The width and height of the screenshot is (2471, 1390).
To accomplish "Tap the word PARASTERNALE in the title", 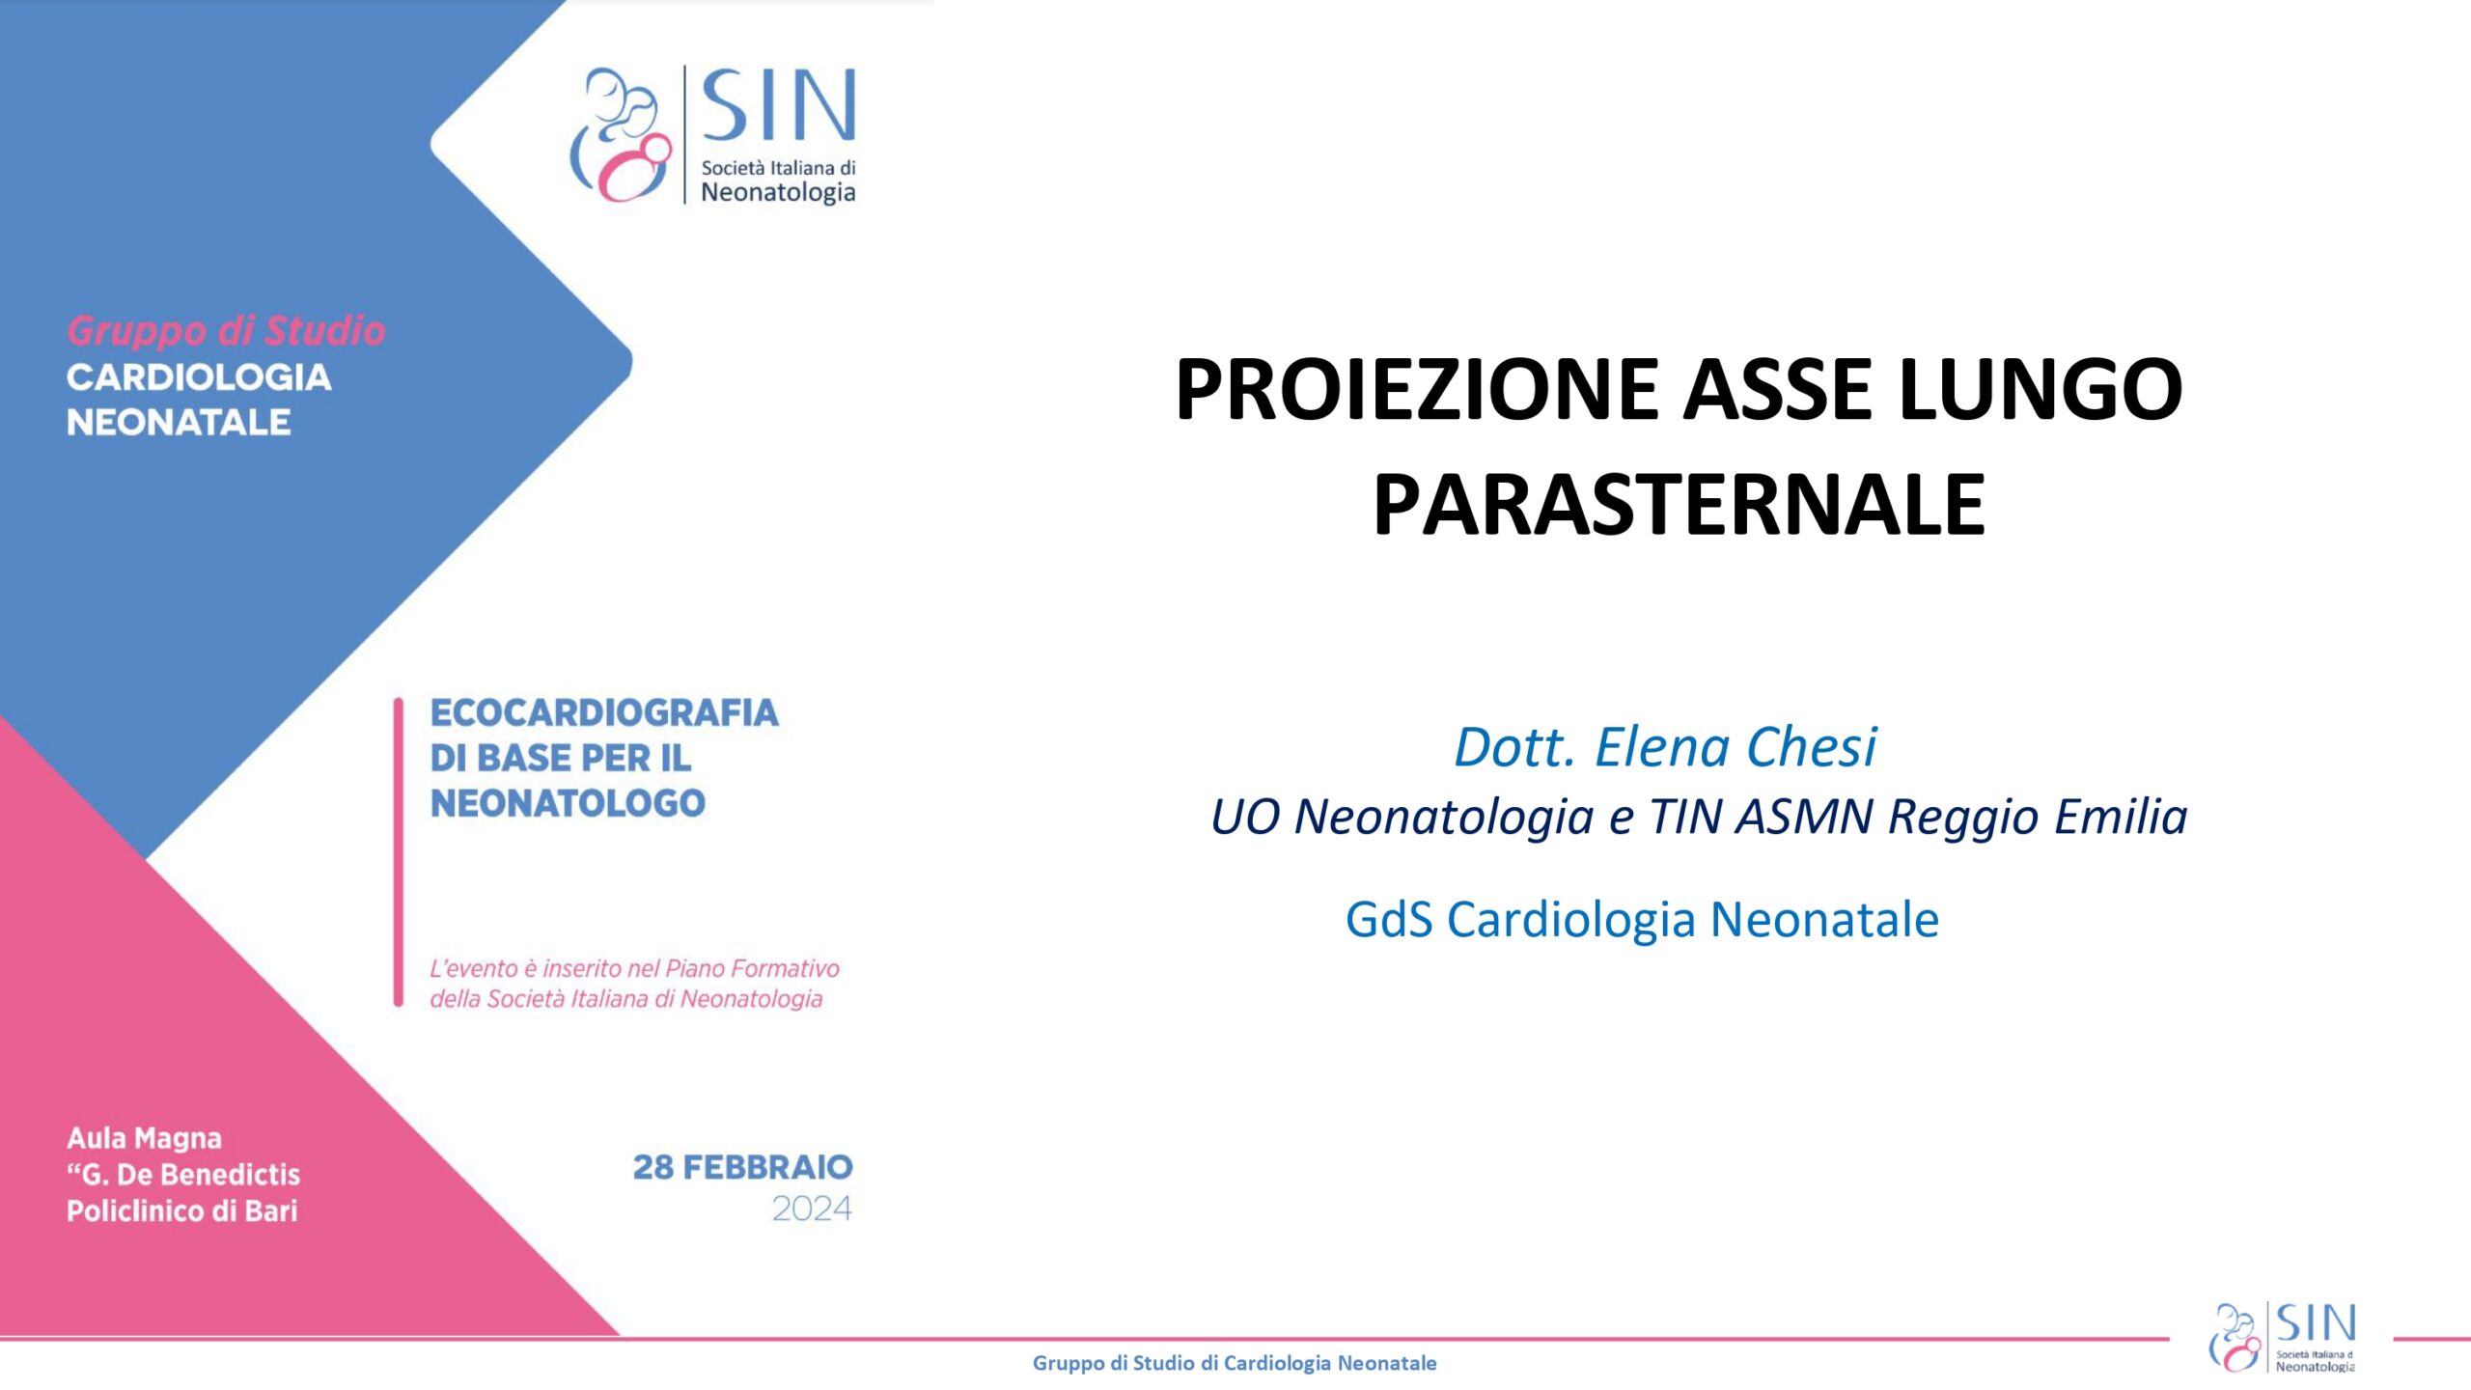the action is [1679, 505].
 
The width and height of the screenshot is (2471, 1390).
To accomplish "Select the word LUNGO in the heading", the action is [2040, 389].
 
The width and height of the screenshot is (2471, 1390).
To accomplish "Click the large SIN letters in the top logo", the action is [778, 105].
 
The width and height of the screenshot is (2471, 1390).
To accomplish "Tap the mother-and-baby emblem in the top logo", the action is [621, 134].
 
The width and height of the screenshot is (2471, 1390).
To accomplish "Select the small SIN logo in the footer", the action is [2283, 1337].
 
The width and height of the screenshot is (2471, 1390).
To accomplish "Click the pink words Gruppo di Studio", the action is [226, 331].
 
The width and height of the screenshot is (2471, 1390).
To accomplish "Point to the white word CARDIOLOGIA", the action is [199, 377].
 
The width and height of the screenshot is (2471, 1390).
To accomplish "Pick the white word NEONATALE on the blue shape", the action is [179, 422].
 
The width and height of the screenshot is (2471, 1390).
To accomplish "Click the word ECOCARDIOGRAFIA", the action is [604, 712].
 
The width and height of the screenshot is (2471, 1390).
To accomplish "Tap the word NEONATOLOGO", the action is [568, 803].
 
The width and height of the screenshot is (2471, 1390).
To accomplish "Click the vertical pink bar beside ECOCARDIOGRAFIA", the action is [398, 852].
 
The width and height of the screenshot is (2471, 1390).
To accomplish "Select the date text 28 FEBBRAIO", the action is [743, 1167].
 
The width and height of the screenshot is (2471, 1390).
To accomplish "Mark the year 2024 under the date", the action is [812, 1209].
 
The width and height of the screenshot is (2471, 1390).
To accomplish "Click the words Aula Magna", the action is [144, 1139].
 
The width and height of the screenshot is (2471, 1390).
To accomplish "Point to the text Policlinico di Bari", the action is [181, 1210].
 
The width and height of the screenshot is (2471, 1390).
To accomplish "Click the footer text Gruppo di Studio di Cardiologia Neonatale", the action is [1235, 1363].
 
